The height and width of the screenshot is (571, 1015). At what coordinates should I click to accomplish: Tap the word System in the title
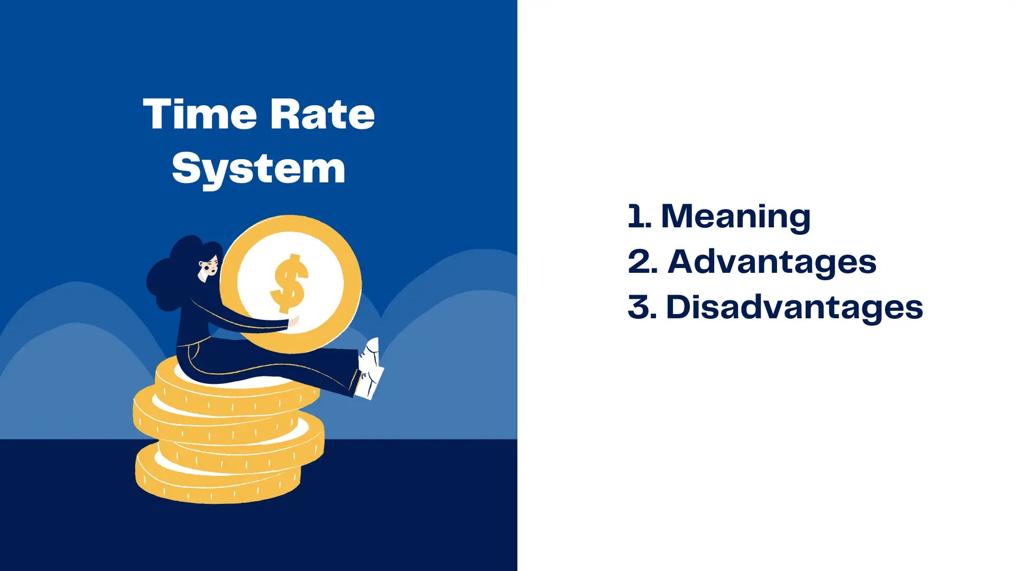(259, 169)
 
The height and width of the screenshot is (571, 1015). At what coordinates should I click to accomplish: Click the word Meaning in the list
(735, 217)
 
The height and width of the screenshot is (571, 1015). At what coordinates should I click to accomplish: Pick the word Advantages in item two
(771, 262)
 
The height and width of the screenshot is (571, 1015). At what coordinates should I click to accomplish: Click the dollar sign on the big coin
(289, 283)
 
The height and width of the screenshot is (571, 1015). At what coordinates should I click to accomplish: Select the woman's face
(208, 267)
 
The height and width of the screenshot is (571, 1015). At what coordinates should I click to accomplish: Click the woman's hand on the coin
(293, 321)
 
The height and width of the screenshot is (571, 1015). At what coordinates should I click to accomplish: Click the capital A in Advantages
(685, 262)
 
